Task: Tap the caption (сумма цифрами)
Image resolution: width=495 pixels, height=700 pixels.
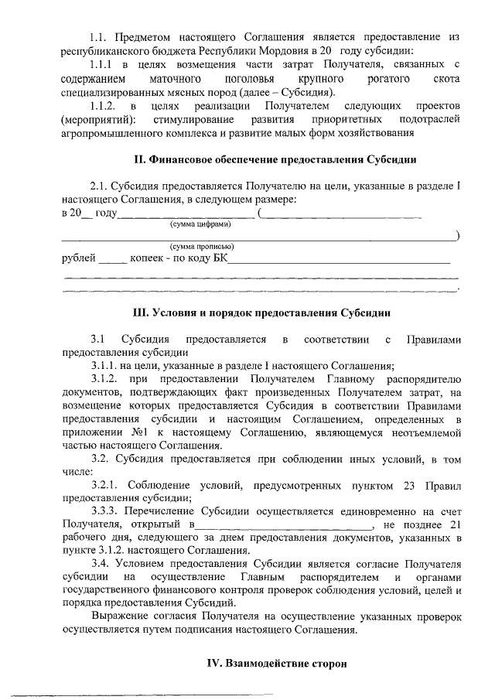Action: [200, 224]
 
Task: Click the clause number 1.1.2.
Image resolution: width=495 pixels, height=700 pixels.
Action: [103, 105]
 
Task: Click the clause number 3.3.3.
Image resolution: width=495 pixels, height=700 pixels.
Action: [108, 510]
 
